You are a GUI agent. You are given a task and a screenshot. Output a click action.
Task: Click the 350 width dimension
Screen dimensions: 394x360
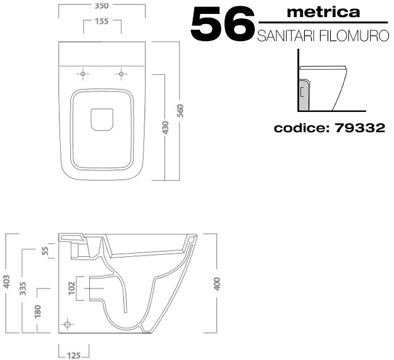tap(102, 6)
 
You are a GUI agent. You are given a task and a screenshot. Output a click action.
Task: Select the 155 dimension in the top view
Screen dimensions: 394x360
tap(102, 22)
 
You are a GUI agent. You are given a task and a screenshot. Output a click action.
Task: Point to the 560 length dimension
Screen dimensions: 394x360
tap(180, 111)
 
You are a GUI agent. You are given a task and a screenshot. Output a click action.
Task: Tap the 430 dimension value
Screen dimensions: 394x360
tap(166, 127)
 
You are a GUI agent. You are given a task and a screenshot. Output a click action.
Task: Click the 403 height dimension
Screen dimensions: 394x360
tap(6, 282)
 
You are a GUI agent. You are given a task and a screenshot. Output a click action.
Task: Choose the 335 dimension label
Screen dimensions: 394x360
tap(23, 289)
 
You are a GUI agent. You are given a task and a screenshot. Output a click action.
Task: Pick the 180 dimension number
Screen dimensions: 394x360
tap(38, 311)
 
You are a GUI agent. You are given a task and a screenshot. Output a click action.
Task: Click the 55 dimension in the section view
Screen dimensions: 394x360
tap(46, 251)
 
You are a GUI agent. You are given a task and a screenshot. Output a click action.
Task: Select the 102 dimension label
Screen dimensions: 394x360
tap(72, 288)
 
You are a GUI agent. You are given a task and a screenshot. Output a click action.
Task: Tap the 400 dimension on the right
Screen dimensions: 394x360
tap(217, 284)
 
